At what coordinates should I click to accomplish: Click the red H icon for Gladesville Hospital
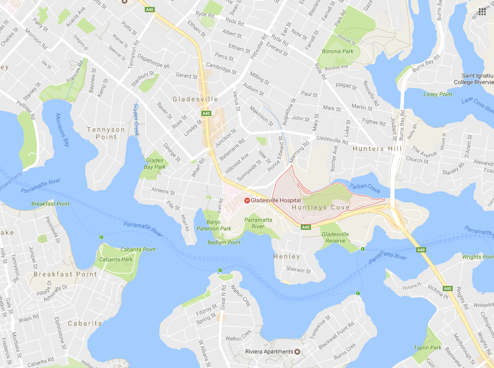(247, 200)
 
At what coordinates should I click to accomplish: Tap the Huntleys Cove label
(320, 208)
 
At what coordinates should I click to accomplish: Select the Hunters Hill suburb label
(374, 149)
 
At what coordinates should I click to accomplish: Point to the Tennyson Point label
(106, 133)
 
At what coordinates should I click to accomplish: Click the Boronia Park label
(337, 51)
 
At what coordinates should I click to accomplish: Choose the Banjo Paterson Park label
(214, 225)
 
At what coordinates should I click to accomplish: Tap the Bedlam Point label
(224, 242)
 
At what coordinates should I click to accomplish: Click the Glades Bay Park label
(155, 164)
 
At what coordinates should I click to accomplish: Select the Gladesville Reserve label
(335, 237)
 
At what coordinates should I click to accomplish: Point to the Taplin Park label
(428, 348)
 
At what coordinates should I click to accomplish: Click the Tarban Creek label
(365, 189)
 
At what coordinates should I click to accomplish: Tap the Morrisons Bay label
(62, 129)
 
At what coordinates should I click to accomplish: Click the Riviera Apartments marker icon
(297, 351)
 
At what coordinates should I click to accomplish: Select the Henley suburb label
(287, 257)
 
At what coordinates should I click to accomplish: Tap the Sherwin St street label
(298, 271)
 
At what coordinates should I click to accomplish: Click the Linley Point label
(437, 94)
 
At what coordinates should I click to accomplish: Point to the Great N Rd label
(224, 297)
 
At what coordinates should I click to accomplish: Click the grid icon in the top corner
(482, 12)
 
